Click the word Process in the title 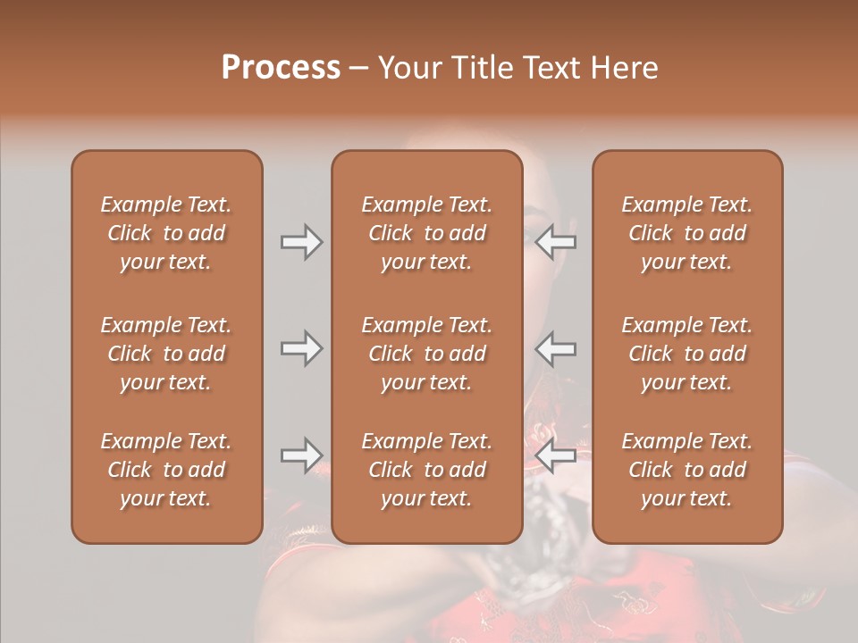pyautogui.click(x=281, y=68)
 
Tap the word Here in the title pyautogui.click(x=625, y=68)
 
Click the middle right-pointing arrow pyautogui.click(x=301, y=348)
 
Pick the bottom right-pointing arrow pyautogui.click(x=301, y=455)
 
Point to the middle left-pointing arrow pyautogui.click(x=556, y=348)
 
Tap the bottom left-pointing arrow pyautogui.click(x=556, y=455)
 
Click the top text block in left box pyautogui.click(x=166, y=233)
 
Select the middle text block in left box pyautogui.click(x=166, y=354)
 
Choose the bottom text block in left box pyautogui.click(x=166, y=470)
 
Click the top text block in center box pyautogui.click(x=427, y=233)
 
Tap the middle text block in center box pyautogui.click(x=427, y=354)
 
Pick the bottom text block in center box pyautogui.click(x=427, y=470)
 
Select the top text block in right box pyautogui.click(x=687, y=233)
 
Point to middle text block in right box pyautogui.click(x=687, y=354)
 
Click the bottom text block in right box pyautogui.click(x=687, y=470)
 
